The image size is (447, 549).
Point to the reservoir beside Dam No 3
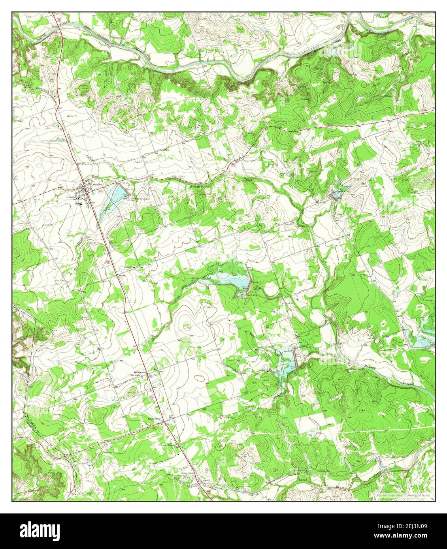pos(225,279)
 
